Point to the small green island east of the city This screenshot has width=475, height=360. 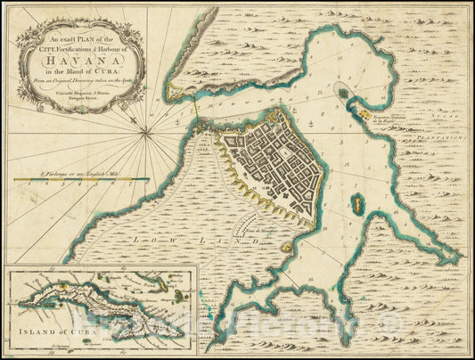[357, 205]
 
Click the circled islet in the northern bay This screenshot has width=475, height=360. [343, 90]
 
